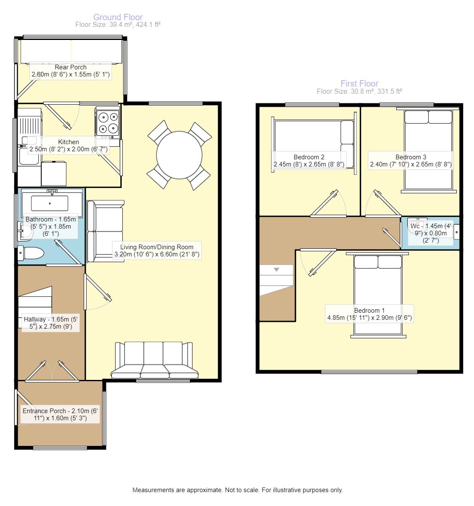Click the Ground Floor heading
tap(118, 17)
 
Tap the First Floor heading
tap(359, 83)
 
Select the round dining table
tap(179, 155)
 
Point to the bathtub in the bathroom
tap(52, 203)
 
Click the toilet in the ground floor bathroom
tap(31, 253)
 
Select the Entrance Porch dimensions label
tap(60, 414)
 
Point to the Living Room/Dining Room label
tap(157, 250)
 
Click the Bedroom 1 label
tap(369, 314)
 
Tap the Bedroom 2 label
tap(309, 161)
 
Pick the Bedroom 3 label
tap(411, 161)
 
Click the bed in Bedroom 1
tap(378, 295)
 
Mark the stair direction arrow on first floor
tap(276, 269)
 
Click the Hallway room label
tap(50, 323)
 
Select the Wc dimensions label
tap(430, 233)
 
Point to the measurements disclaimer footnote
tap(237, 490)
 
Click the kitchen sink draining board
tap(30, 126)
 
